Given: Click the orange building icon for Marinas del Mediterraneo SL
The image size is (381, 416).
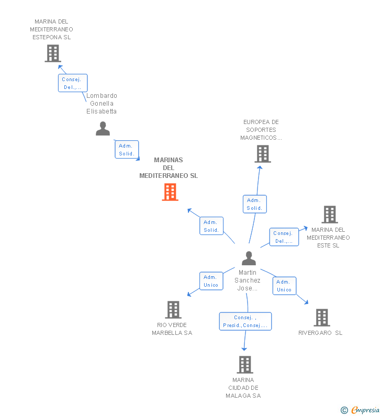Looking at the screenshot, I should tap(170, 192).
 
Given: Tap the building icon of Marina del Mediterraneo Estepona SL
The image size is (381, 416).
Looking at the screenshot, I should tap(52, 53).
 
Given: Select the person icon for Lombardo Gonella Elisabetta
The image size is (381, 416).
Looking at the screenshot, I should tap(103, 129).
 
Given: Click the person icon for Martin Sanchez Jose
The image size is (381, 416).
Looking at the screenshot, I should tap(249, 258).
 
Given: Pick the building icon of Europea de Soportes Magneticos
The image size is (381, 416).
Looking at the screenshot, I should tap(262, 154).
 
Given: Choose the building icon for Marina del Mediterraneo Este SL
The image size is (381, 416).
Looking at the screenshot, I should tap(329, 215).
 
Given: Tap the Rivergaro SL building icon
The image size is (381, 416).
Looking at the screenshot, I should tap(321, 317).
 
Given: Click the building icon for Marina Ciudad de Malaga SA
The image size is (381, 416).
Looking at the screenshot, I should tap(244, 364).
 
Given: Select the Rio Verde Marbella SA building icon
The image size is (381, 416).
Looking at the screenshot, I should tap(173, 310).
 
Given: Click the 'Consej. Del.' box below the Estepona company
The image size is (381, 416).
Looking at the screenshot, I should tap(72, 83).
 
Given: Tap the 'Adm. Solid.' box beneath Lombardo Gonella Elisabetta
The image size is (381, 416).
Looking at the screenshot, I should tap(127, 150).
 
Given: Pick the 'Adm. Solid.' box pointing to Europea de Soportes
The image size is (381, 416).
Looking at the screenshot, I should tap(254, 204).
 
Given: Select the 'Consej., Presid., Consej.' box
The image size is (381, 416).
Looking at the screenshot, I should tap(245, 321).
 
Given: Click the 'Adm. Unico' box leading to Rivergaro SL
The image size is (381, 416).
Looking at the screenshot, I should tap(284, 286).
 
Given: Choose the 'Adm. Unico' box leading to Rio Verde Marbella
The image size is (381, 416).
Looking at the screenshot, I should tap(211, 281).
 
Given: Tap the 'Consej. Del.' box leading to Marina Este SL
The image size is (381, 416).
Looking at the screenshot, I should tap(284, 237).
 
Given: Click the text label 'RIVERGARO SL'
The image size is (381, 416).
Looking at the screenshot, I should tap(320, 333).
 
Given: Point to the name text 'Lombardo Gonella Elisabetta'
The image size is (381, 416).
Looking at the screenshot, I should tap(102, 104).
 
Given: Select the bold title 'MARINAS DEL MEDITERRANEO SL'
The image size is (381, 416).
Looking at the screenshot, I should tap(169, 168).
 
